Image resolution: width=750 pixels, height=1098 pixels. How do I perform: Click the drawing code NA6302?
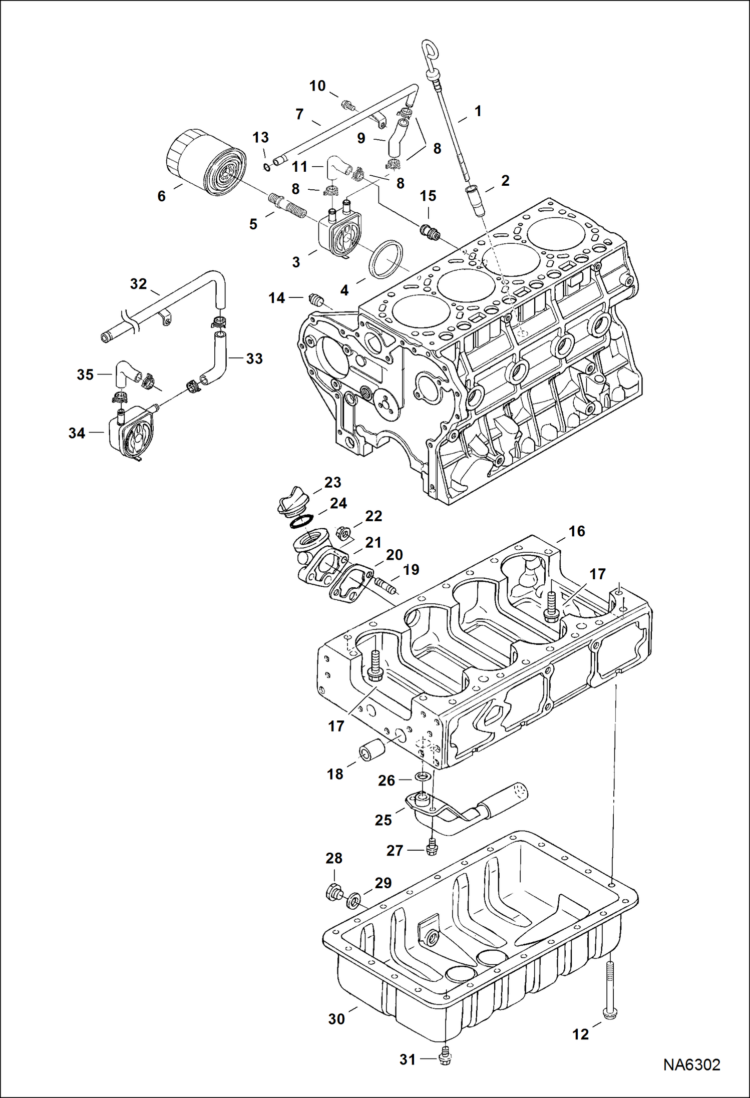(691, 1064)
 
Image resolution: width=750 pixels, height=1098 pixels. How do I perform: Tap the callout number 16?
(576, 531)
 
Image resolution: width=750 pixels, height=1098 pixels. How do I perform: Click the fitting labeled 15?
(430, 231)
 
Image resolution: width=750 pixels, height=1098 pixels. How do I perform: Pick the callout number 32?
(138, 284)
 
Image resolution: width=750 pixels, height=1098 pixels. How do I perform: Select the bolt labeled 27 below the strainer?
(431, 849)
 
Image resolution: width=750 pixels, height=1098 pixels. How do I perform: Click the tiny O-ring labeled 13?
(267, 167)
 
